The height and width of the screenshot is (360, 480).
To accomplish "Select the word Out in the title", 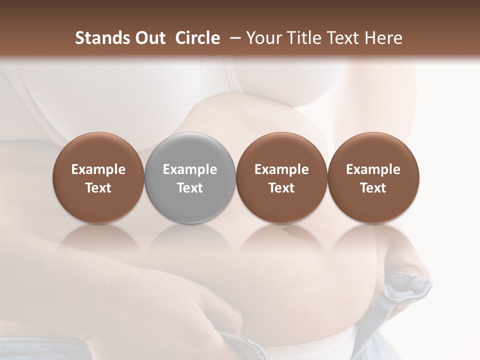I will point(148,38).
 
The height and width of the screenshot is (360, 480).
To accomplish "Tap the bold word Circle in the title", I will point(197,38).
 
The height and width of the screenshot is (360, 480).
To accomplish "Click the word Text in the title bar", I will point(343,38).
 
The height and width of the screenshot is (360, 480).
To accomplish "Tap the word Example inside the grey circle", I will point(190,169).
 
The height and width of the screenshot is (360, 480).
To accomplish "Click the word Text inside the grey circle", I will point(190,188).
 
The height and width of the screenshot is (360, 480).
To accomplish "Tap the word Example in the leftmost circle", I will point(98,169).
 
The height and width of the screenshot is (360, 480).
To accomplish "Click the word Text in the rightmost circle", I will point(373,188).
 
